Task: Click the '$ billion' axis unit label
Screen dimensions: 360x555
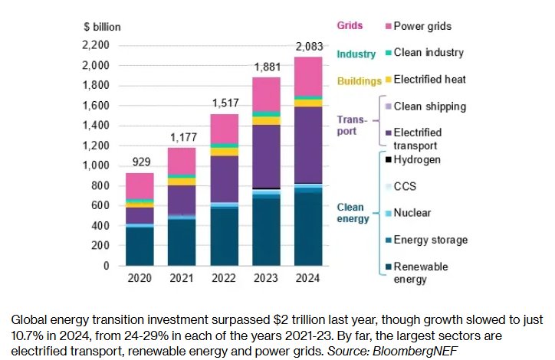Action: tap(102, 27)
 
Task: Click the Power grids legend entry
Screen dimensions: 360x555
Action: tap(422, 27)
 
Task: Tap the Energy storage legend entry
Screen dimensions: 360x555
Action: tap(429, 240)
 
